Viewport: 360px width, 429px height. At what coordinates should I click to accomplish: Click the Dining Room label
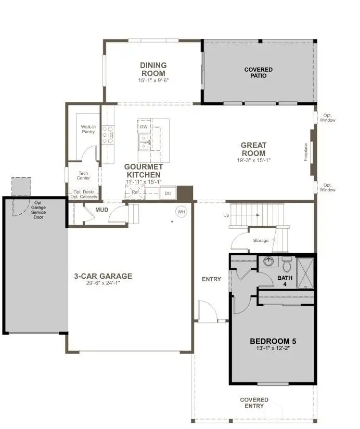(153, 69)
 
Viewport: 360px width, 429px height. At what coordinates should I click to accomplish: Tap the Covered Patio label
(255, 72)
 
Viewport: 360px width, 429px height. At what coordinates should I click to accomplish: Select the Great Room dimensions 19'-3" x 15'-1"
(253, 161)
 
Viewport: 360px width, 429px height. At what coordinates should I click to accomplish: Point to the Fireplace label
(306, 152)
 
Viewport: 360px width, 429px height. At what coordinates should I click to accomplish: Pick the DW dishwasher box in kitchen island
(144, 127)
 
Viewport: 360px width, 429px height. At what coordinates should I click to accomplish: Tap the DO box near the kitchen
(168, 193)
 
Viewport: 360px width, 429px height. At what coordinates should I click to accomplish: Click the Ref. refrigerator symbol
(135, 192)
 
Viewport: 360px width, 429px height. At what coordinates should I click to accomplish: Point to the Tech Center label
(84, 175)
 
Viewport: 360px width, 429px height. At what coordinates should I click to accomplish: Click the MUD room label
(101, 211)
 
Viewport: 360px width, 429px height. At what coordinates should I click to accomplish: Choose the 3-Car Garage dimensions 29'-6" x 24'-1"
(102, 283)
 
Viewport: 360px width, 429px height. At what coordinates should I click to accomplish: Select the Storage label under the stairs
(261, 241)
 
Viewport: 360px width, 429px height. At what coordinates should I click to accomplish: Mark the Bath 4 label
(285, 281)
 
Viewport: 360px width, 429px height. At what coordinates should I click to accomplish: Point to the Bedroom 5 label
(273, 341)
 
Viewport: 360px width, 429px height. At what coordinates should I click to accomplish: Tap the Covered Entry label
(254, 403)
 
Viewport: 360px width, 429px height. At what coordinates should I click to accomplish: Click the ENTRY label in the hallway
(211, 279)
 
